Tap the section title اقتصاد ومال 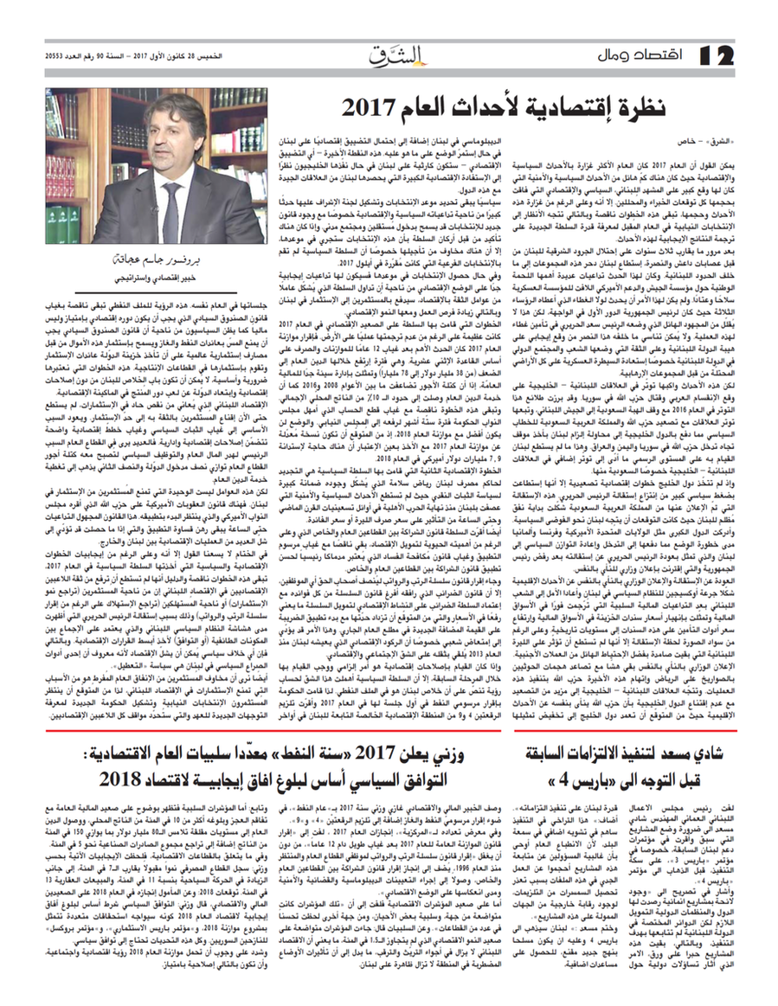coord(636,57)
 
